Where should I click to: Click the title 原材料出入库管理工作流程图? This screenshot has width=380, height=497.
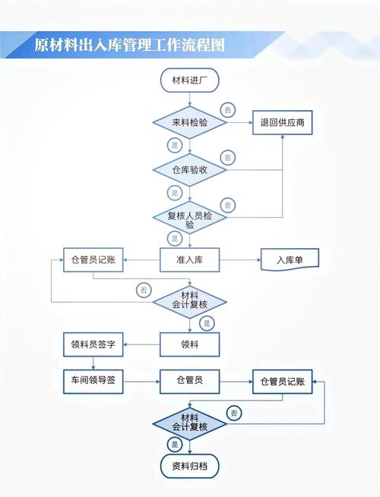coord(130,44)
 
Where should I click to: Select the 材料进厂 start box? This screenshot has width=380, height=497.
coord(190,80)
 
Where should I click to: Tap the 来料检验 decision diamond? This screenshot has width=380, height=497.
coord(190,121)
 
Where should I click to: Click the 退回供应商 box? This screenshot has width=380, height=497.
coord(283,121)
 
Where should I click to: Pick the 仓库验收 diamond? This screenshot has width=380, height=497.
coord(190,169)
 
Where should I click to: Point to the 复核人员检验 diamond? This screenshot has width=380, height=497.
coord(190,219)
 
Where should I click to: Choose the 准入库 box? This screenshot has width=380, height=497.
coord(190,260)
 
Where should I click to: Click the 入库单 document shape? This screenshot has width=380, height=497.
coord(289,260)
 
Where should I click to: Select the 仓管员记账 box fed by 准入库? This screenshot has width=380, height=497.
coord(93,260)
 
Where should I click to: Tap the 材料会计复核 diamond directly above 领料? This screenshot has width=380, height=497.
coord(190,300)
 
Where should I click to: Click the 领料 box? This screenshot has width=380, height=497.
coord(190,344)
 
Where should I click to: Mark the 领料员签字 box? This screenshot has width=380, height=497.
coord(93,344)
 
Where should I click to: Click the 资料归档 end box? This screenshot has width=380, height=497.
coord(190,465)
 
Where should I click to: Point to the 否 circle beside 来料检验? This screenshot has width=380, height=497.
coord(227,110)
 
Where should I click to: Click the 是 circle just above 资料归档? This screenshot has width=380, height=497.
coord(175,444)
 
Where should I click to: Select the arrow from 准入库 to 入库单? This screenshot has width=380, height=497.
coord(240,260)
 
